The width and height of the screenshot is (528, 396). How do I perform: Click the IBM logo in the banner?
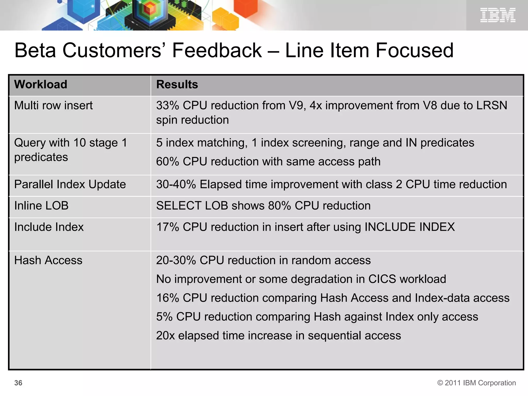pos(498,15)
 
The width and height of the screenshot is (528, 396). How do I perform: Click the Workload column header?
pos(41,85)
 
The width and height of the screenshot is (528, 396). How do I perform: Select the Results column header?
pos(177,85)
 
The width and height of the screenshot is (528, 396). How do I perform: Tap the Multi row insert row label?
pos(53,105)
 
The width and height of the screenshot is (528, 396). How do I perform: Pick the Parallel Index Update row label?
pos(70,184)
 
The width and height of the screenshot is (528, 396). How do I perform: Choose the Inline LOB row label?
pos(41,206)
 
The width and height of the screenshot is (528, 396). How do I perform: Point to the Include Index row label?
pos(49,227)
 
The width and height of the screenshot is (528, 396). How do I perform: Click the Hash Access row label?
pos(48,260)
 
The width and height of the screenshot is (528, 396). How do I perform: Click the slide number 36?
pos(18,383)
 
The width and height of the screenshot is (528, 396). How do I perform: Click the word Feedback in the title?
pos(217,50)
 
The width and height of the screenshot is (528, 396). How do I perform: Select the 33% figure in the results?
pos(168,105)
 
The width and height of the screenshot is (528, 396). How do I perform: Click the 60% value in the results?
pos(168,162)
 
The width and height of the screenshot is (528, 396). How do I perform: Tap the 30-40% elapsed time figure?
pos(176,184)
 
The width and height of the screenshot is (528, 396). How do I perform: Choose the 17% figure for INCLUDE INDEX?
pos(168,227)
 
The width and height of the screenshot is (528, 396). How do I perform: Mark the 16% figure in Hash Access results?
pos(168,298)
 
